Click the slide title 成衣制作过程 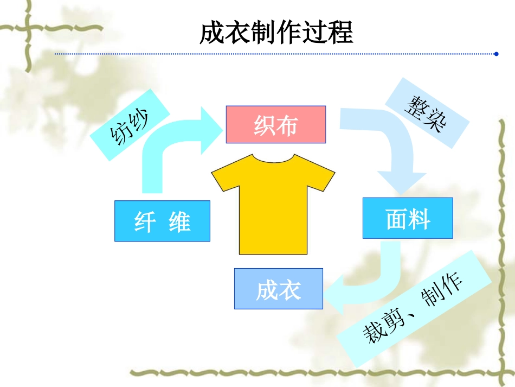[x=276, y=34]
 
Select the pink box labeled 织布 [x=275, y=125]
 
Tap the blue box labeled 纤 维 [x=162, y=221]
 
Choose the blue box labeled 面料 [x=408, y=218]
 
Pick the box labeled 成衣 [x=278, y=289]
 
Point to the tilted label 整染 [x=426, y=113]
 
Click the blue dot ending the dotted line [x=496, y=54]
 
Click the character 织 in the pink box [x=264, y=125]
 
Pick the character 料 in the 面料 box [x=420, y=219]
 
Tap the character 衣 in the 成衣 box [x=290, y=289]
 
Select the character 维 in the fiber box [x=179, y=221]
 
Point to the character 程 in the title [x=340, y=34]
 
